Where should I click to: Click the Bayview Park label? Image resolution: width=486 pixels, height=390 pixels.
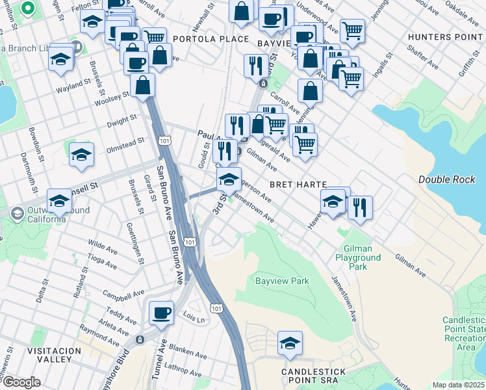pyautogui.click(x=281, y=281)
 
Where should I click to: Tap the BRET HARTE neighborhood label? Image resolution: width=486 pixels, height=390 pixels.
pyautogui.click(x=292, y=185)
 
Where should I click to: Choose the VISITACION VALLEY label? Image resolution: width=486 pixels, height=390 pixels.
pyautogui.click(x=49, y=354)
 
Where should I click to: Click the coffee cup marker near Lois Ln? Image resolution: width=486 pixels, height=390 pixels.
pyautogui.click(x=161, y=313)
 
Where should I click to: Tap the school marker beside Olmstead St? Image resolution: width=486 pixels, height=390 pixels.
pyautogui.click(x=82, y=155)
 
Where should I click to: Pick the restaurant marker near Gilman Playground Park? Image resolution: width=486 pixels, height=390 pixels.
pyautogui.click(x=360, y=207)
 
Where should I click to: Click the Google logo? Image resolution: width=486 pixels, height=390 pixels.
pyautogui.click(x=21, y=382)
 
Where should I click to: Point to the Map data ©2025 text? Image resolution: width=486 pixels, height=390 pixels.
pyautogui.click(x=458, y=385)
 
